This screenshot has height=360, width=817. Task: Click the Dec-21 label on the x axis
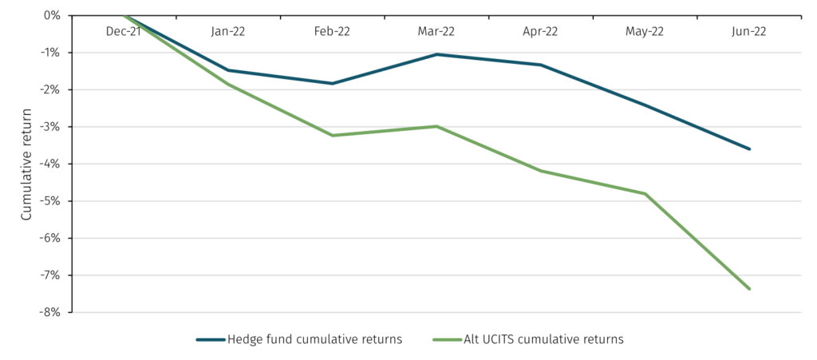[124, 31]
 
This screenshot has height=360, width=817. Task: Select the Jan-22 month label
[228, 31]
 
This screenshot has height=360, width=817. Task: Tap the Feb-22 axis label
[332, 31]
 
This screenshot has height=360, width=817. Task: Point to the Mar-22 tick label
[436, 31]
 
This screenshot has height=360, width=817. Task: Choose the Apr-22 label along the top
[540, 31]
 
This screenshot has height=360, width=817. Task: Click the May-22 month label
[645, 31]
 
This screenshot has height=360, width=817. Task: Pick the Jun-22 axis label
[748, 31]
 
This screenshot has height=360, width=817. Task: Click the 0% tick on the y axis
[52, 15]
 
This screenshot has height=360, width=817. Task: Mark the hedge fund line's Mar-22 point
[436, 54]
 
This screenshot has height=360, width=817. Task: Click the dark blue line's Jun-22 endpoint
[749, 148]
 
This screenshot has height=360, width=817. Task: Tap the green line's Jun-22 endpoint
[749, 288]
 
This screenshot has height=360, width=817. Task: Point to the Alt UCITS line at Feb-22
[332, 135]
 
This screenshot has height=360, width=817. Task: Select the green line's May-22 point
[645, 193]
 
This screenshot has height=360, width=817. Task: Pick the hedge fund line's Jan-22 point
[228, 70]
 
